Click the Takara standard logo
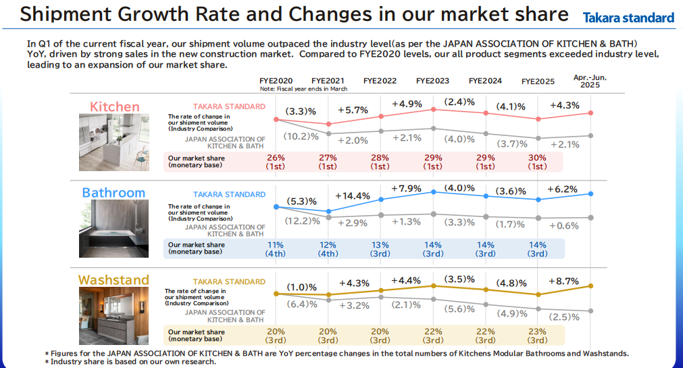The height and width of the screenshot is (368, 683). point(628,18)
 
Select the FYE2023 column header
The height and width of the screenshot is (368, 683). point(432,80)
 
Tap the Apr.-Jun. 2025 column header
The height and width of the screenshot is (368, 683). point(590,81)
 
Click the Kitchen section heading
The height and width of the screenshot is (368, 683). point(115,106)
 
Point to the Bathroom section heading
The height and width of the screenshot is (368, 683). point(113,192)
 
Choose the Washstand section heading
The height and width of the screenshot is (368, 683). point(113,279)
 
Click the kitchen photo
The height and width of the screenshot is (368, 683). point(114,142)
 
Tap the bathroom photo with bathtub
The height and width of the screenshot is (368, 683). point(113,229)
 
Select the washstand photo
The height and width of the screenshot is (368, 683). point(113,316)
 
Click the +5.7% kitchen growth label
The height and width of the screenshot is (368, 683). point(353,110)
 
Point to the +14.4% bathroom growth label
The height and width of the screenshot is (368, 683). point(353,195)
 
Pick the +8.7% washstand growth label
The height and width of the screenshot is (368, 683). point(563,281)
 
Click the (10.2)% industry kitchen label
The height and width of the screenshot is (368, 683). point(301,137)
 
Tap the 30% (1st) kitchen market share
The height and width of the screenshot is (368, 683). point(537,162)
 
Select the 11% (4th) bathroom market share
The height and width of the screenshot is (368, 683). point(275,249)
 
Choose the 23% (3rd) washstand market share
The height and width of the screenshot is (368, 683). point(537,336)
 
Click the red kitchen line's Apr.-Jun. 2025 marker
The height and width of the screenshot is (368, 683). point(590,113)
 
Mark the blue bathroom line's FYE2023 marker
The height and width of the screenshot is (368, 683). point(434,192)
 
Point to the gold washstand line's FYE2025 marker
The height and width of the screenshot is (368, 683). point(538,295)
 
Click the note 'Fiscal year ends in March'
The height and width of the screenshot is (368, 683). point(303,89)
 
